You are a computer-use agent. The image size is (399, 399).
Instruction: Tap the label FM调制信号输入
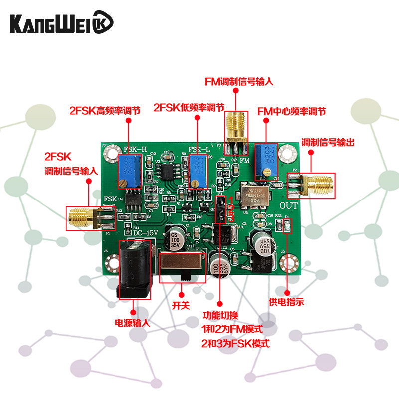pos(240,81)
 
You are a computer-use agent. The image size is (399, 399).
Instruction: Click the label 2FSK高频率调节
pos(104,110)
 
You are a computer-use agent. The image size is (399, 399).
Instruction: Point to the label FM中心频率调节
pos(291,110)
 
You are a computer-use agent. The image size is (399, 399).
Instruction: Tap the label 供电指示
pos(286,301)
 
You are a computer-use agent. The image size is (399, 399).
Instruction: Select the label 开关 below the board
pos(181,305)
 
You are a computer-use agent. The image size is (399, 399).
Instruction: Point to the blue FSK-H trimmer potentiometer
pos(129,170)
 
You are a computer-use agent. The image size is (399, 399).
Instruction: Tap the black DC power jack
pos(133,269)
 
